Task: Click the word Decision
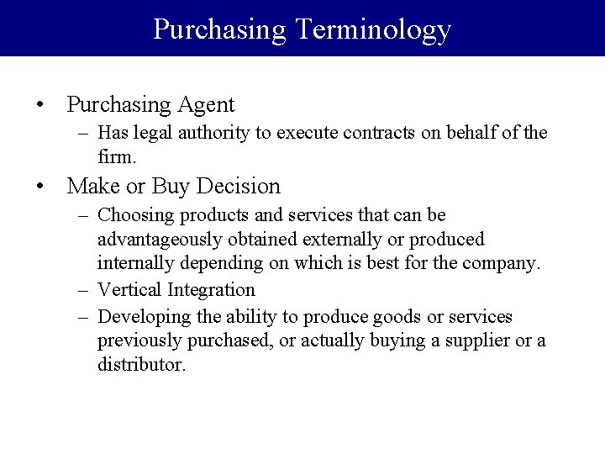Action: click(239, 185)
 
